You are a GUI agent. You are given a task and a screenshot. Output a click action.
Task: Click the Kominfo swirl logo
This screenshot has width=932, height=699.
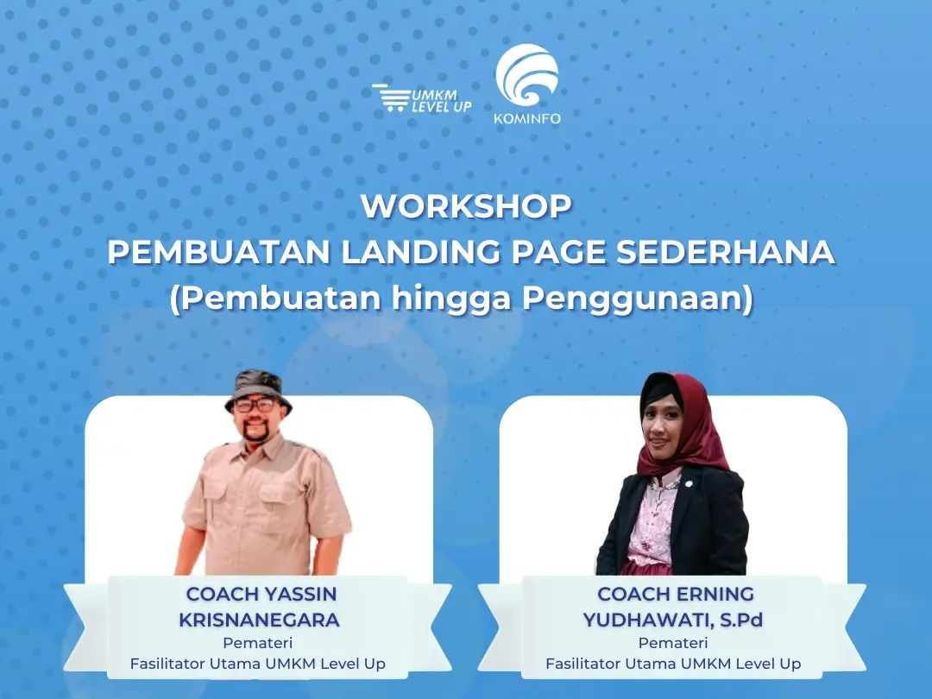tap(527, 75)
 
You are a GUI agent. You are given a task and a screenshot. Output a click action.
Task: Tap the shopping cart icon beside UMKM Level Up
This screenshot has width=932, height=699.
tap(391, 98)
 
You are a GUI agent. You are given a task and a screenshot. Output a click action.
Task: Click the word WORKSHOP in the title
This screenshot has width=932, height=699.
tap(466, 206)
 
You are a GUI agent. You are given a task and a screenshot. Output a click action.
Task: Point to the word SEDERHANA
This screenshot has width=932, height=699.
tap(725, 252)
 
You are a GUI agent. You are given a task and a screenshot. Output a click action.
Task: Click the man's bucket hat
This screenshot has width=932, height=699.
tap(259, 389)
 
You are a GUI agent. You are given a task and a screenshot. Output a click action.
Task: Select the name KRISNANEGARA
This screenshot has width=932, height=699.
tap(259, 620)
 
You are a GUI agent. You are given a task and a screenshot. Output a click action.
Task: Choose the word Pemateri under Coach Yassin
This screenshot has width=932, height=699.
tap(258, 643)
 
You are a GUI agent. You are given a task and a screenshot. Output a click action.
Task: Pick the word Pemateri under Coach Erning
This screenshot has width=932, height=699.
tap(673, 643)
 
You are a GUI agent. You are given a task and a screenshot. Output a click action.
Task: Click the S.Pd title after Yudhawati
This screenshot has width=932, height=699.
tap(741, 620)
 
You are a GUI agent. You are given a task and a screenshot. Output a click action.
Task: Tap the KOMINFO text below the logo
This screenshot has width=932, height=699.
tap(527, 118)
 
